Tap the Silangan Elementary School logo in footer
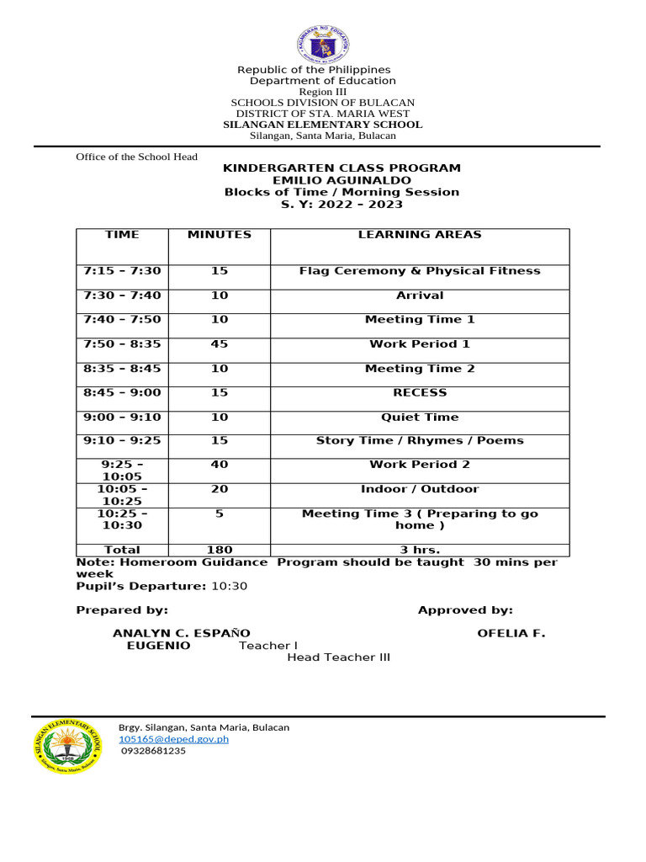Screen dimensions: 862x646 tap(66, 746)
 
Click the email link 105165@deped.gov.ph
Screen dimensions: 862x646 tap(173, 739)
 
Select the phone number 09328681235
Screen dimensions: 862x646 tap(153, 751)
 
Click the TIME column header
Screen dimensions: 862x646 tap(122, 235)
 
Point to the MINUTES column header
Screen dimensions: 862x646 tap(219, 235)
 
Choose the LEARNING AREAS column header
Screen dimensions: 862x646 tap(420, 235)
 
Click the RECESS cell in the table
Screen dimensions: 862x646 tap(420, 392)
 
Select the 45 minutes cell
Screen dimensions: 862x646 tap(219, 343)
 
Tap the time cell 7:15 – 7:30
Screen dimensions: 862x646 tap(122, 271)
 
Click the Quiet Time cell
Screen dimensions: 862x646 tap(420, 417)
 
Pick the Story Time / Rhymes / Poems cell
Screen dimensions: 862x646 tap(420, 440)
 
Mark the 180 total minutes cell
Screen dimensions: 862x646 tap(219, 550)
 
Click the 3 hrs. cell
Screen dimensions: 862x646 tap(420, 550)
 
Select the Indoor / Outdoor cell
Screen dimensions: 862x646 tap(420, 489)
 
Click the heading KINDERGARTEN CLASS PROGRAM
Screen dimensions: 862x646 tap(341, 168)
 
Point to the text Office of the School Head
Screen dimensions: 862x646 tap(136, 157)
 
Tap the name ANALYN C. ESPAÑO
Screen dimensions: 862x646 tap(181, 633)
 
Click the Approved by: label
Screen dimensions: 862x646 tap(465, 610)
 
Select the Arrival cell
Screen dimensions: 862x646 tap(420, 295)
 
